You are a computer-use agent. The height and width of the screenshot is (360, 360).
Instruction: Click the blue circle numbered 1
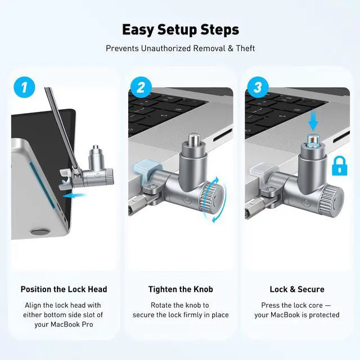click(24, 88)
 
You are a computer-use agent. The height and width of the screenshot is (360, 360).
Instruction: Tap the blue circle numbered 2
click(141, 88)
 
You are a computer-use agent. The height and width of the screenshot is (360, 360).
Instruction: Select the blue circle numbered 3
click(258, 88)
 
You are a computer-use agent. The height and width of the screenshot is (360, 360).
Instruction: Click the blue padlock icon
click(340, 166)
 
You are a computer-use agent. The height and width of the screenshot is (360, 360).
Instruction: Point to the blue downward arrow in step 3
click(313, 121)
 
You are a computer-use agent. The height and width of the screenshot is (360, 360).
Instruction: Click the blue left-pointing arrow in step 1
click(74, 195)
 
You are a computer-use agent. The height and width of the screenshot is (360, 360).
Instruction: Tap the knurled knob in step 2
click(211, 196)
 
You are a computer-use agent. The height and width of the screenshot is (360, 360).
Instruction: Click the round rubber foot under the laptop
click(39, 231)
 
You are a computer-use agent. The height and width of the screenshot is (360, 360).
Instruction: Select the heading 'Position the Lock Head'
click(64, 289)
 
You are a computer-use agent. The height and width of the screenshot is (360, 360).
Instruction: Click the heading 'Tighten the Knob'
click(181, 289)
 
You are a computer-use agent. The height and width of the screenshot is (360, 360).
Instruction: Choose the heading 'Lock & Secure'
click(297, 289)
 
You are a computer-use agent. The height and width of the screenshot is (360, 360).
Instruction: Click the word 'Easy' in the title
click(137, 30)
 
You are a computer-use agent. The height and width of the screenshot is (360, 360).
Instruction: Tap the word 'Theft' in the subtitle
click(245, 48)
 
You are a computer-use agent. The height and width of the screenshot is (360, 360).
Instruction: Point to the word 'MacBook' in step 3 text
click(286, 315)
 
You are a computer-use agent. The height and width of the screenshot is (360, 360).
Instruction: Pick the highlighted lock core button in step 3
click(313, 141)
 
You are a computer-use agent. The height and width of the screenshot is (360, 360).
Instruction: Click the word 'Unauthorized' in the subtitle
click(166, 48)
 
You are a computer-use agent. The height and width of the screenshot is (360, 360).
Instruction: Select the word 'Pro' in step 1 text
click(88, 325)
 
